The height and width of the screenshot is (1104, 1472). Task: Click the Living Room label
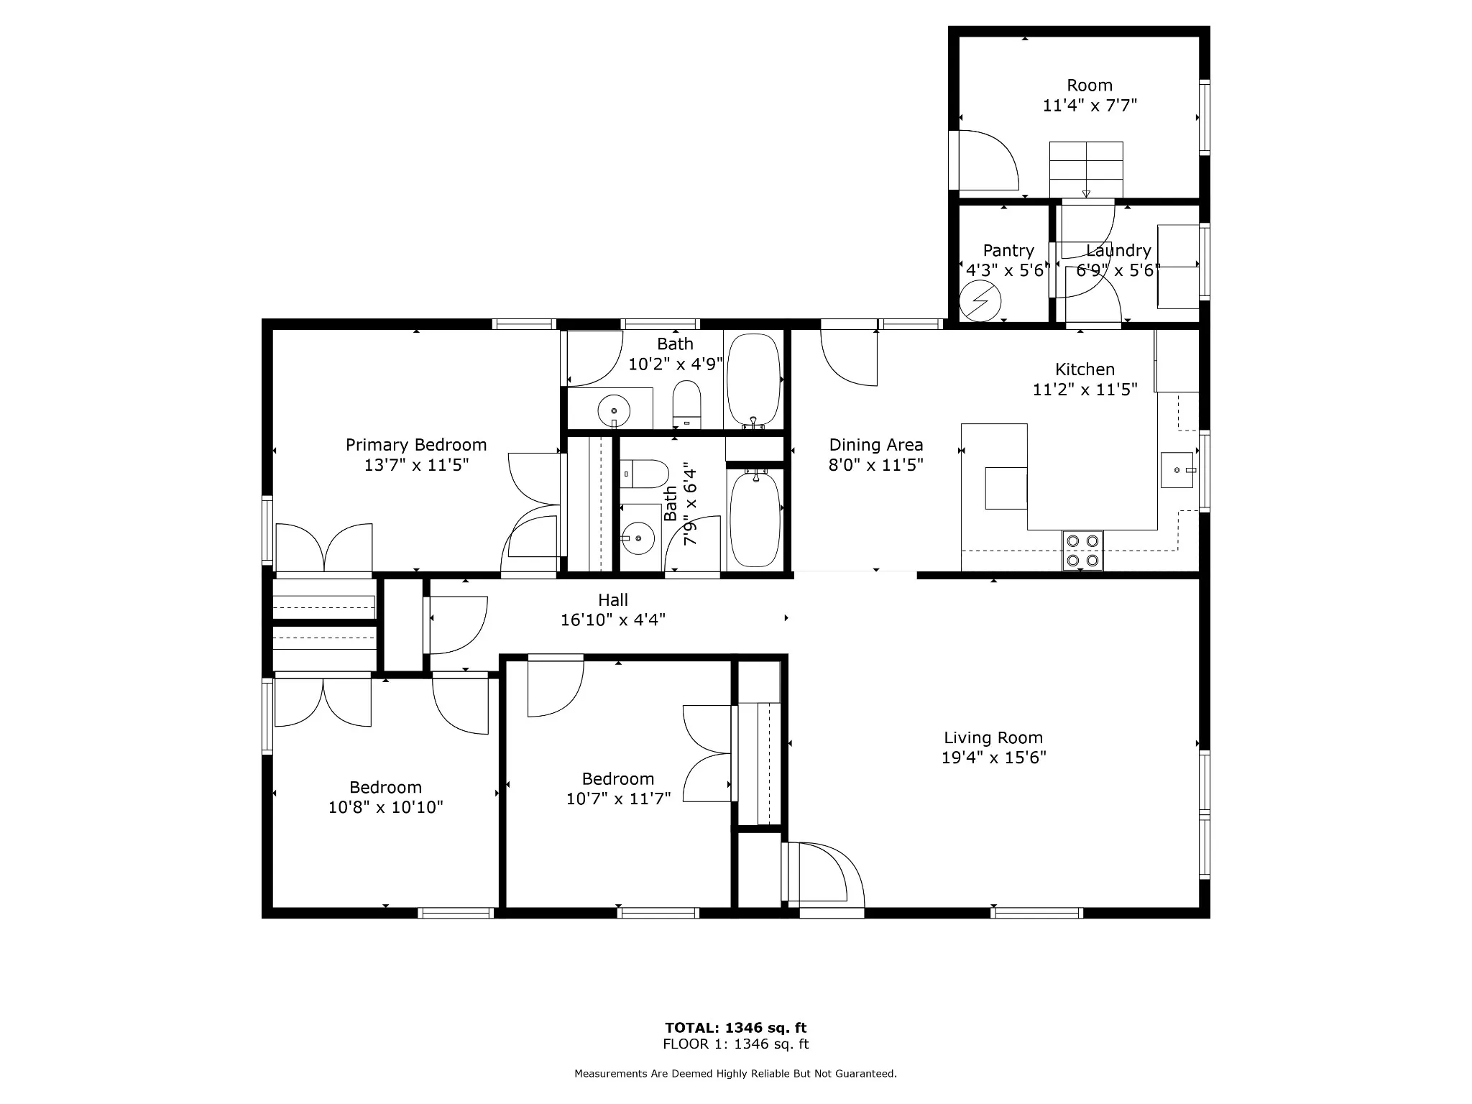point(993,737)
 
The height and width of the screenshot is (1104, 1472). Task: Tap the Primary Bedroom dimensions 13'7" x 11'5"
point(416,465)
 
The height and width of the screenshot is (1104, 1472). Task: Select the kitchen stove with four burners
point(1082,551)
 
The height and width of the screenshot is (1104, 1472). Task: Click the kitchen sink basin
point(1177,470)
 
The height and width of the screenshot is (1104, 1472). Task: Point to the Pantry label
point(1008,251)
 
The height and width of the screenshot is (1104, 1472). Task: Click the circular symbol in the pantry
point(981,300)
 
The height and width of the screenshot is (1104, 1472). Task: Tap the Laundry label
point(1118,251)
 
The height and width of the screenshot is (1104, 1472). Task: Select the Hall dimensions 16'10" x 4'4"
point(613,620)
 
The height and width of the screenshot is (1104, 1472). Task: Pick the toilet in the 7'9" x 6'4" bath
point(645,474)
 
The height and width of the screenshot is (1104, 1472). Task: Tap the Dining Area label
point(876,445)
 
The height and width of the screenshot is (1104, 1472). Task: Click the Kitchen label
point(1085,369)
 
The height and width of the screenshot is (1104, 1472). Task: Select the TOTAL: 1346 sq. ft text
point(736,1028)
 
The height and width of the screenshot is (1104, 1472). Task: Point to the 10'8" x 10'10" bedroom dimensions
point(386,807)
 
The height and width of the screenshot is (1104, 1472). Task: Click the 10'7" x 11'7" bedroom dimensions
point(618,799)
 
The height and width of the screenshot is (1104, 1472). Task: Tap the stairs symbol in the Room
point(1086,169)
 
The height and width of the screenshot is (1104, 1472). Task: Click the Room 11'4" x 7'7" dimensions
point(1090,106)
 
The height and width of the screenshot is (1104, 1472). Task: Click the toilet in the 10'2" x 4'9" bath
point(686,404)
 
